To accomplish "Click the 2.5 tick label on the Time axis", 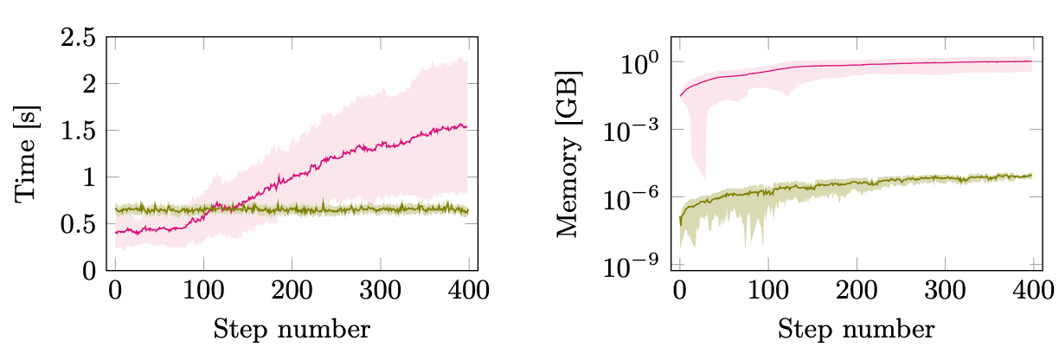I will [80, 38].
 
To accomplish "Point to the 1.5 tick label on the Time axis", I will [80, 131].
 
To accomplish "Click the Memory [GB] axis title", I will [572, 154].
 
